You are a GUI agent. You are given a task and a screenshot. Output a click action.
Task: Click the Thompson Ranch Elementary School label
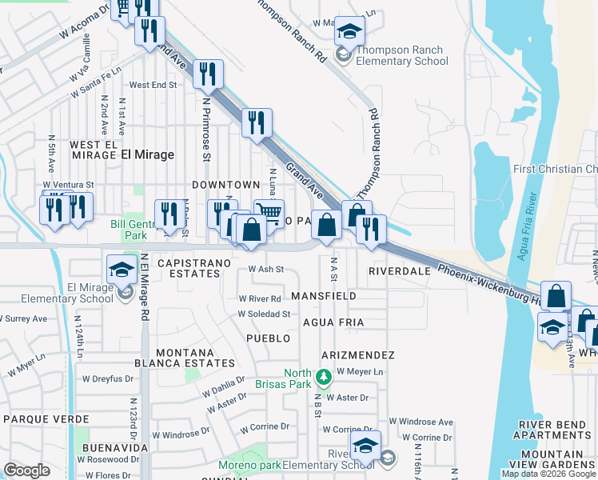[x=401, y=55]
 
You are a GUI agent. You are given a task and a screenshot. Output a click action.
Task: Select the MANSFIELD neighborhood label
[x=323, y=295]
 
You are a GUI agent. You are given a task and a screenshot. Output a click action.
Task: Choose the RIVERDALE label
[x=399, y=271]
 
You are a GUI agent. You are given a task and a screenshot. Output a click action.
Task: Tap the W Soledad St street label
[x=263, y=314]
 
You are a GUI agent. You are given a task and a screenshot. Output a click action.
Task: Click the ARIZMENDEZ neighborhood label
[x=357, y=354]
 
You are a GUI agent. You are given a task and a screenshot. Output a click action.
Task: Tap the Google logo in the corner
[x=26, y=470]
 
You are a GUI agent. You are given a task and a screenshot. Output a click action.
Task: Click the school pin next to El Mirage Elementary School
[x=121, y=270]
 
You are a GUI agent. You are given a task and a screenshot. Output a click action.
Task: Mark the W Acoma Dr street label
[x=83, y=24]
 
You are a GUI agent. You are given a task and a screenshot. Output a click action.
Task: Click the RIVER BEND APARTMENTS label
[x=556, y=430]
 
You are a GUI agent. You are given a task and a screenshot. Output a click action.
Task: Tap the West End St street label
[x=153, y=85]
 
